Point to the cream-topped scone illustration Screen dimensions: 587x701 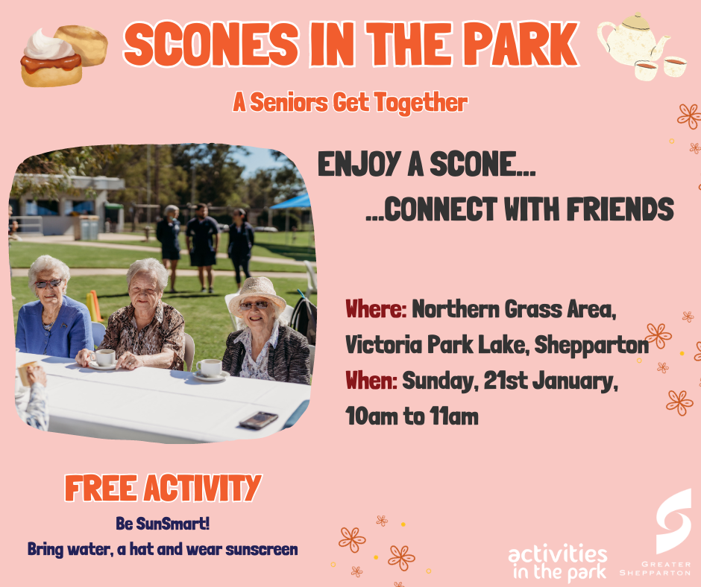50,57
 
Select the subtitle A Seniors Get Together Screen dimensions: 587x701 350,103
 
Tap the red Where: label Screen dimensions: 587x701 375,308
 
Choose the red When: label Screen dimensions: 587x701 371,381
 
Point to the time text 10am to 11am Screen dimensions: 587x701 412,416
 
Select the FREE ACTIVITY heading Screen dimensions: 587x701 163,488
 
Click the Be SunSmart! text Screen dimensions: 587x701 163,524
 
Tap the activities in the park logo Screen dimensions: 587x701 558,563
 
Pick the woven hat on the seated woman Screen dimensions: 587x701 256,291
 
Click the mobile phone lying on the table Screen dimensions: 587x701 258,419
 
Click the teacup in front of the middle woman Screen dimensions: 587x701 104,358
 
